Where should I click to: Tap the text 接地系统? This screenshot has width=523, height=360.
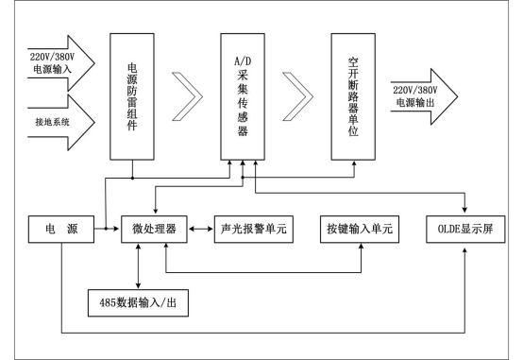[37, 123]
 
